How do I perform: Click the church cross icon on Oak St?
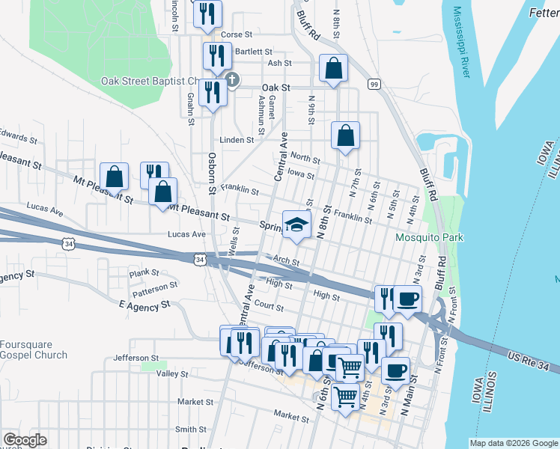point(232,79)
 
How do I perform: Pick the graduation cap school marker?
point(296,224)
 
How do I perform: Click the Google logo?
point(25,440)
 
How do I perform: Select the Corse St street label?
point(237,34)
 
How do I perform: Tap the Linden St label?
point(237,140)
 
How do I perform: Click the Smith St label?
point(190,430)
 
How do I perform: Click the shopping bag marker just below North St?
point(345,136)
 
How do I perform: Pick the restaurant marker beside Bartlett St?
point(214,55)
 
